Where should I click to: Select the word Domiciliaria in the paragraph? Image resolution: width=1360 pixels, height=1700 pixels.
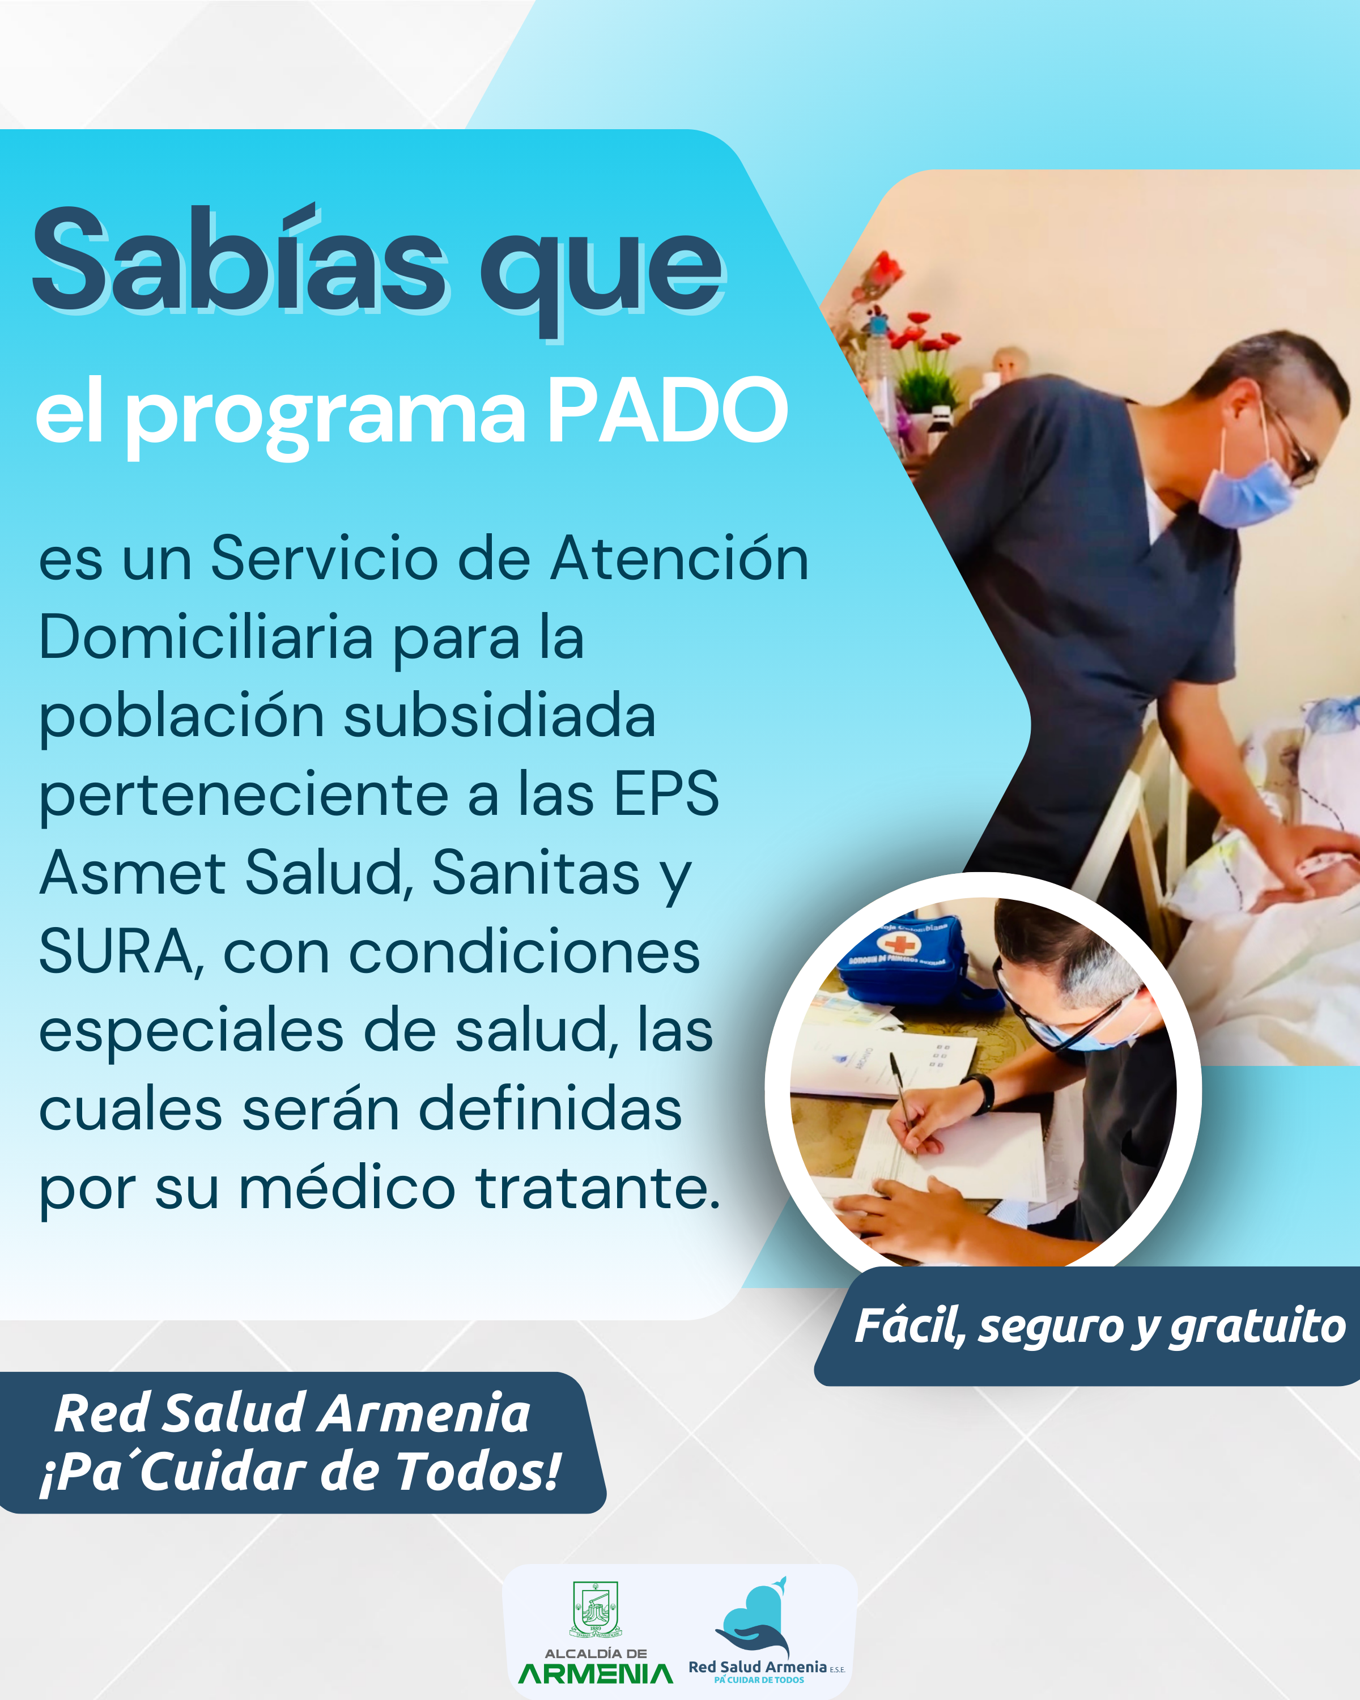coord(206,636)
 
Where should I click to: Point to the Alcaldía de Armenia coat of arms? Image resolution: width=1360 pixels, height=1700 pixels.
coord(595,1609)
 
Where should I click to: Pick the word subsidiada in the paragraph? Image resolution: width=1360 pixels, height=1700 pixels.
coord(499,715)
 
